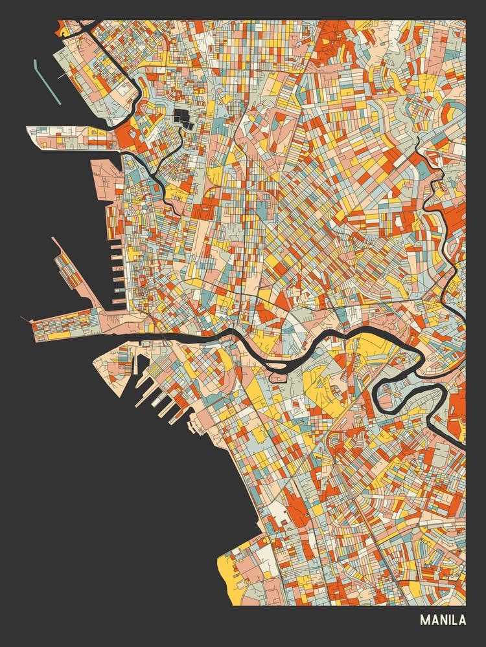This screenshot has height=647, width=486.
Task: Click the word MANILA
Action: (x=443, y=620)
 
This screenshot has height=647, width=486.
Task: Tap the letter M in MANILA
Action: (x=424, y=620)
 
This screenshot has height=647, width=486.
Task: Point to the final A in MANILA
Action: (x=462, y=620)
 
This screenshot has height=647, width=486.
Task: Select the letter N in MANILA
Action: (x=440, y=620)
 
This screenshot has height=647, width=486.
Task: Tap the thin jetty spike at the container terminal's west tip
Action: (x=26, y=319)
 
